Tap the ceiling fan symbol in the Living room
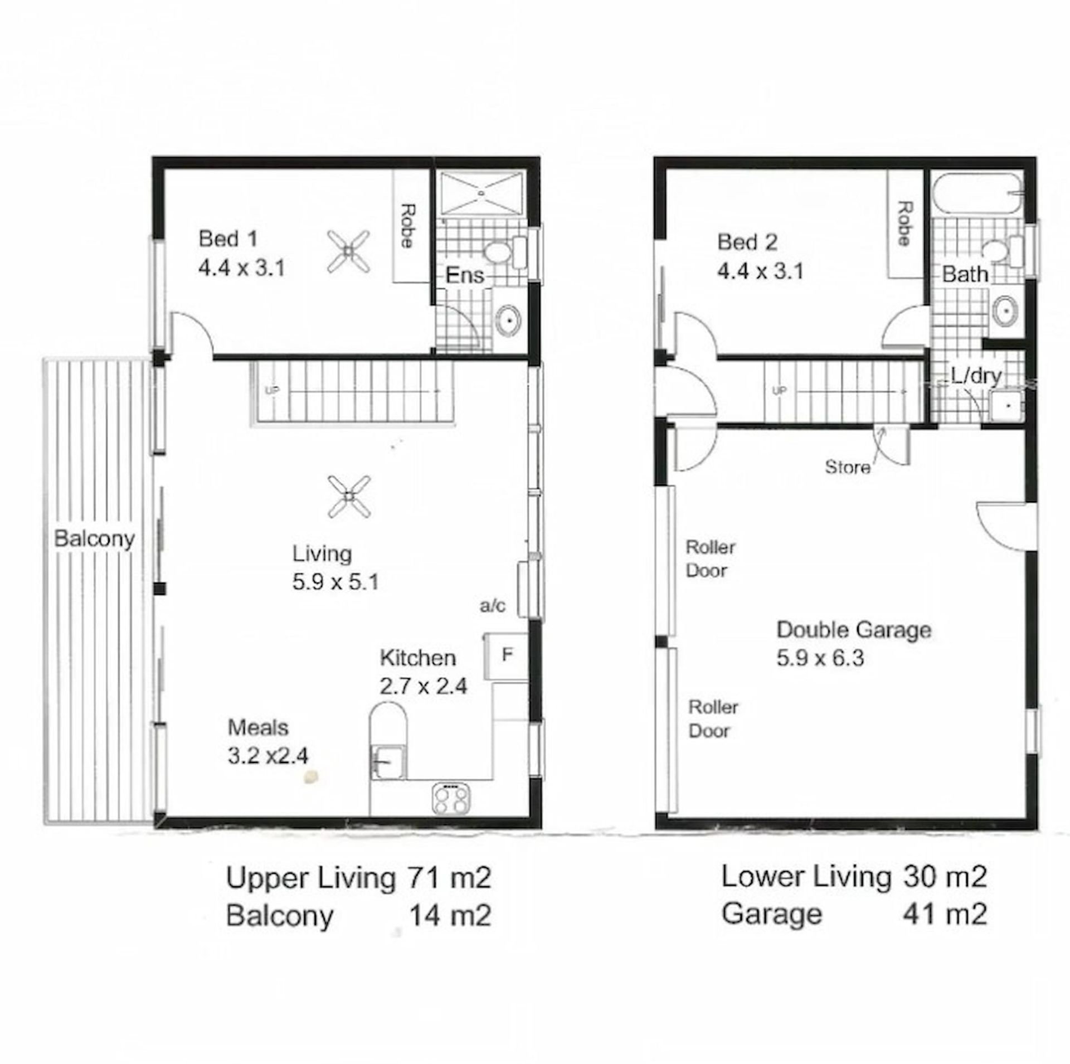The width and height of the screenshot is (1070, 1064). tap(349, 495)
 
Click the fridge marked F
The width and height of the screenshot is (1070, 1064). tap(506, 655)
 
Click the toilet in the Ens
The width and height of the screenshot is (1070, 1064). tap(504, 252)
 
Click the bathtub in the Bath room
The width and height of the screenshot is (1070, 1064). tap(976, 193)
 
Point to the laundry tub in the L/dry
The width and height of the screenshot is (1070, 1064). tap(1006, 405)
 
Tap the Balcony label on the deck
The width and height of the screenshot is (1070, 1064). tap(95, 539)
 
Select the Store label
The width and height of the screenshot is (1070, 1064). tap(848, 467)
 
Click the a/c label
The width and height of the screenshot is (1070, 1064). tap(493, 606)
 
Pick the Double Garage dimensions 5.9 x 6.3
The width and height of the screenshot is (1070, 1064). tap(820, 658)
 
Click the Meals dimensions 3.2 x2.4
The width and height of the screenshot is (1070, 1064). tap(268, 756)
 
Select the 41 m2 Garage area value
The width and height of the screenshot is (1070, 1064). tap(946, 914)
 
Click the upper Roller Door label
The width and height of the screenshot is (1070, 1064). tap(710, 558)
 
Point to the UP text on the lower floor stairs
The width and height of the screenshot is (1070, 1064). tap(779, 391)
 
